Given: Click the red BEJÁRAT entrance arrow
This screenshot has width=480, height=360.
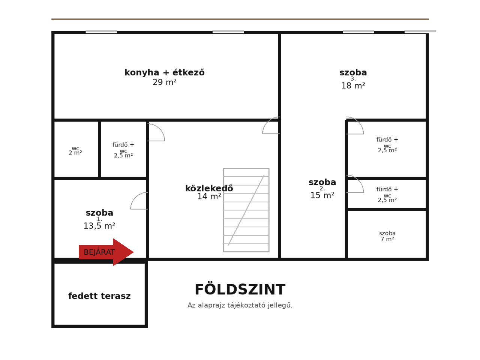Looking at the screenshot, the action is (x=106, y=252).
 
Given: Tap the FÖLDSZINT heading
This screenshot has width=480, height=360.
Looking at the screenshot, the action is (x=240, y=289).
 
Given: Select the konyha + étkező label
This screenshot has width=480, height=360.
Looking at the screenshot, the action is (x=165, y=73).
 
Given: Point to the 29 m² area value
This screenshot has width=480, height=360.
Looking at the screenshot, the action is (x=165, y=82).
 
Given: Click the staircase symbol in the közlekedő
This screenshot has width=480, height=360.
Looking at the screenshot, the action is (x=246, y=210).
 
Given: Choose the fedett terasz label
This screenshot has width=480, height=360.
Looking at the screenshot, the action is (x=99, y=296).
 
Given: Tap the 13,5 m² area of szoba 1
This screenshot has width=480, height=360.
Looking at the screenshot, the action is (x=99, y=226).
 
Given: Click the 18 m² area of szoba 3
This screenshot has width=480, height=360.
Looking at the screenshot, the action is (x=353, y=85).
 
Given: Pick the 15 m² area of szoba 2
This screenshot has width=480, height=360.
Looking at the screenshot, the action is (x=322, y=195).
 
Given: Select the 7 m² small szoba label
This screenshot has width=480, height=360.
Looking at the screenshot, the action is (x=387, y=236).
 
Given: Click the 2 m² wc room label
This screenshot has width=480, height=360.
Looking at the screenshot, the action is (x=75, y=151).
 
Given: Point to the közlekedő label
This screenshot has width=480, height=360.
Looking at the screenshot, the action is (x=209, y=188).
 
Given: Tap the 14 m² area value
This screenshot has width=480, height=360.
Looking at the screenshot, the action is (x=209, y=196).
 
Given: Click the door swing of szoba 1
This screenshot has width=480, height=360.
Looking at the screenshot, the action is (x=135, y=197).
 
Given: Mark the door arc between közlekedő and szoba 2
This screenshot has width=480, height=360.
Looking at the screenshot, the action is (x=267, y=122).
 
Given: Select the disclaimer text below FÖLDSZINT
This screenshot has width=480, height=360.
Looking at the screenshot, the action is (x=240, y=305).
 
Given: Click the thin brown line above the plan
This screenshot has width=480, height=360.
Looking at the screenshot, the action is (x=240, y=19).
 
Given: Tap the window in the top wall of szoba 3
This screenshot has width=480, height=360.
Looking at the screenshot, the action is (x=358, y=32).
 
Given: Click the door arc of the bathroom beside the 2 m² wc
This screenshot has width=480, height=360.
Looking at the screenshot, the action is (x=160, y=129).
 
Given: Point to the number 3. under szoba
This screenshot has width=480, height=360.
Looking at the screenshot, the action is (x=353, y=79).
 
